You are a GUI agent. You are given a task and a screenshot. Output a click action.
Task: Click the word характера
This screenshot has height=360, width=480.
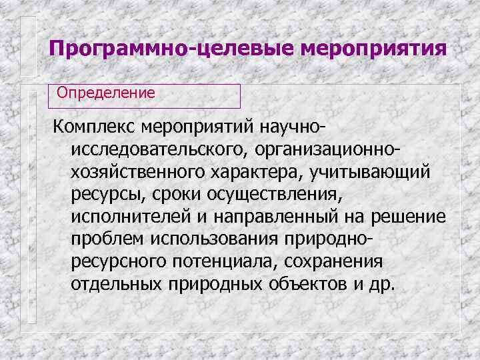[x=258, y=172]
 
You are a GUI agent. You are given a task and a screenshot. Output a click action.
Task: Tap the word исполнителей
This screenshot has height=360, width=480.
[x=124, y=217]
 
